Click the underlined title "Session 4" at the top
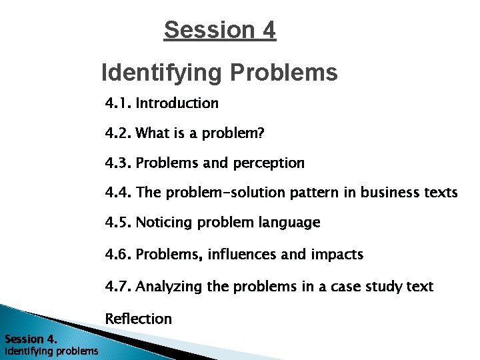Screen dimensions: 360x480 [219, 30]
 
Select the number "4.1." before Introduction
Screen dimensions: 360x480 [119, 103]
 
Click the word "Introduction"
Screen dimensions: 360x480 [177, 103]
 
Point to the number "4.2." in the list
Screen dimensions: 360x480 [119, 133]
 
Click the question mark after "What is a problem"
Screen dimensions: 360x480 [261, 133]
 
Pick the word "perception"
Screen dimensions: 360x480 [268, 163]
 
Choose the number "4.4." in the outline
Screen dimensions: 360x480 [119, 193]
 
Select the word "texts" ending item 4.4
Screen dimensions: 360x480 [442, 193]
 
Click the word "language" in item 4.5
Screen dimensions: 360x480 [293, 222]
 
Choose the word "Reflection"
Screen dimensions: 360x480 [139, 319]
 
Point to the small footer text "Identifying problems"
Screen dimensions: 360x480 [51, 351]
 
